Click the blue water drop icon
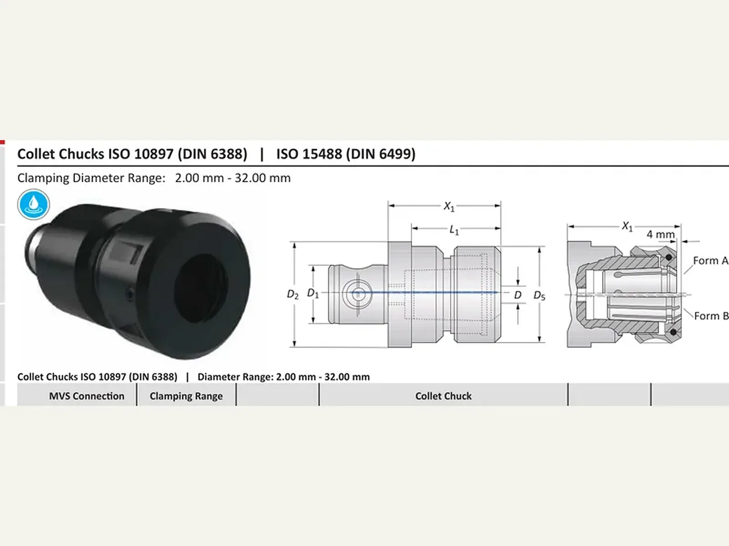pos(34,205)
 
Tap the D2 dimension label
pos(293,294)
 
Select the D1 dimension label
pos(313,293)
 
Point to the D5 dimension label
pos(539,295)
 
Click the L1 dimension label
pos(454,230)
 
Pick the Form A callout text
pos(710,261)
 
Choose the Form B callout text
pos(711,316)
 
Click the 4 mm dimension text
pos(661,234)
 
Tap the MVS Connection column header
pos(87,396)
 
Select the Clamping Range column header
pos(186,396)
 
